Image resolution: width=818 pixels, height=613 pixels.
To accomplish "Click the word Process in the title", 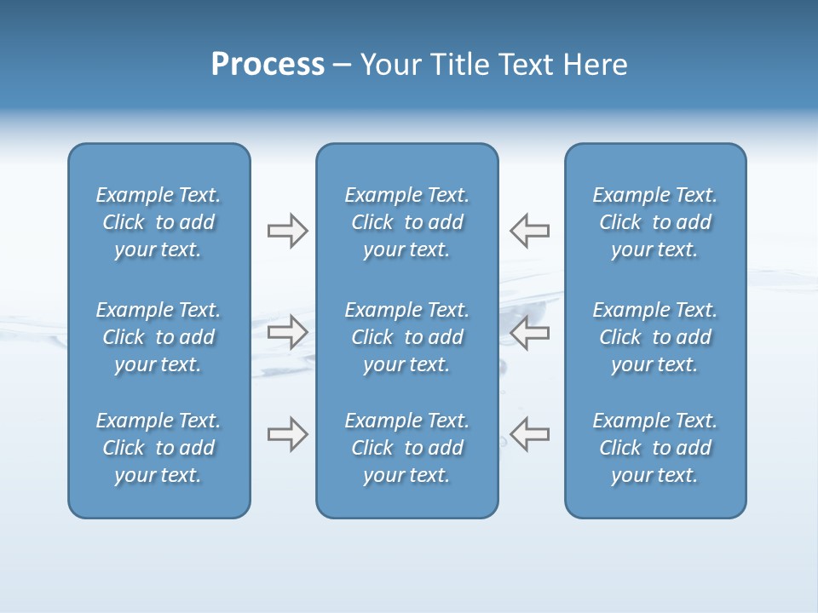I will [268, 65].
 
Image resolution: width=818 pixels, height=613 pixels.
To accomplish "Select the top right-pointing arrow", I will [287, 231].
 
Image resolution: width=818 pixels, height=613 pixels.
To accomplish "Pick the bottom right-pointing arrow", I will [287, 434].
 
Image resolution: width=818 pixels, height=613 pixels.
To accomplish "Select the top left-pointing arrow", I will [530, 231].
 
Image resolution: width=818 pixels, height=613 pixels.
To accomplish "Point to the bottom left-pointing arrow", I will [530, 434].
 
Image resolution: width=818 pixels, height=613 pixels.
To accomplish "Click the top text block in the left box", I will [158, 222].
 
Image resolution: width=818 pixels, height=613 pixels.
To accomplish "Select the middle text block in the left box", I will [158, 337].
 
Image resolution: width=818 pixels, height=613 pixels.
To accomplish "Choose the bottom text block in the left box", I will [158, 448].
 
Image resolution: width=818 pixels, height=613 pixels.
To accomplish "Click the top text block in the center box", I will [406, 222].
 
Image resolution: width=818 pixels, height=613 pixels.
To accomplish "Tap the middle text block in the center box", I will [406, 337].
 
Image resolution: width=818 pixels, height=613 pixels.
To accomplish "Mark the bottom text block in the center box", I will [406, 448].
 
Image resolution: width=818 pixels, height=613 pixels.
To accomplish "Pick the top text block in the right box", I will [655, 222].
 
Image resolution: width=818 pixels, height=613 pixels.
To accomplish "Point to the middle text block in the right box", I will [655, 337].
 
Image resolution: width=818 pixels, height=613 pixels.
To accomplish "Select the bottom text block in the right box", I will [655, 448].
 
